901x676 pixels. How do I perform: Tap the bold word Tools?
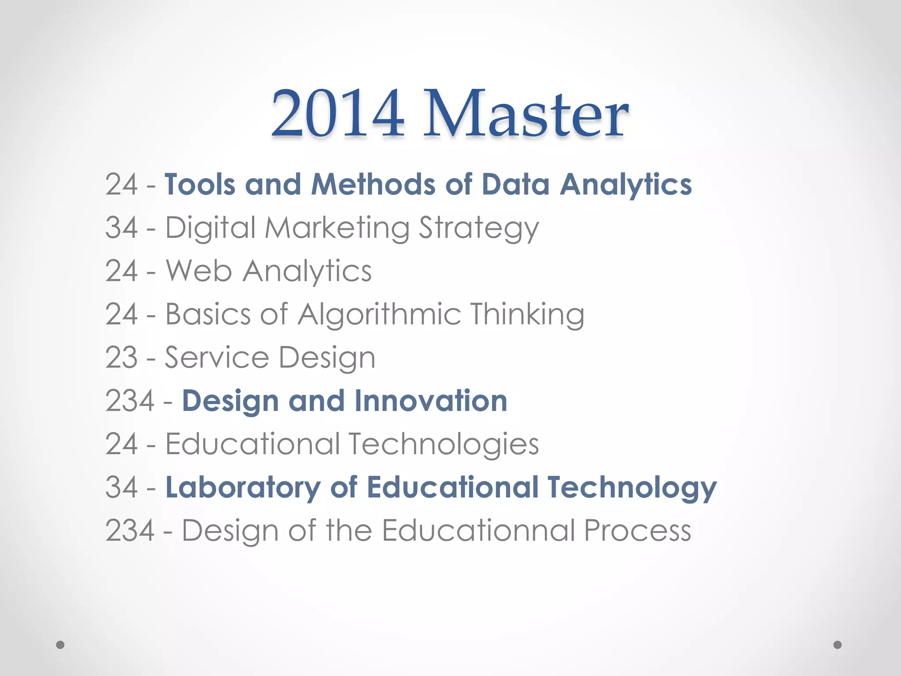[x=200, y=184]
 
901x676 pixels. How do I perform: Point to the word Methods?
[x=373, y=184]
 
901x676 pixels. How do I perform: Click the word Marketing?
[x=337, y=228]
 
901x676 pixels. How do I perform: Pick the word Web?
[x=198, y=271]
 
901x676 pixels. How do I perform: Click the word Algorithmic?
[x=379, y=315]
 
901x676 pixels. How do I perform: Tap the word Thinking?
[x=527, y=315]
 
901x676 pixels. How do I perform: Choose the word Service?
[x=216, y=357]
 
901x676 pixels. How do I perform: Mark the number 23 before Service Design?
[x=121, y=357]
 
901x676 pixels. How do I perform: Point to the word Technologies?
[x=444, y=444]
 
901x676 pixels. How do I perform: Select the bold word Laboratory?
[x=243, y=488]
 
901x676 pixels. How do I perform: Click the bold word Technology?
[x=632, y=488]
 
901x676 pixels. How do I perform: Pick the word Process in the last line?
[x=637, y=530]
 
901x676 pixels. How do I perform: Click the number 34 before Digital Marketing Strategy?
[x=121, y=228]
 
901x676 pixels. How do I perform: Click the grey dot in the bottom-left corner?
[x=60, y=645]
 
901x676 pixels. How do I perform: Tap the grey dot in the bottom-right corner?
[x=838, y=645]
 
